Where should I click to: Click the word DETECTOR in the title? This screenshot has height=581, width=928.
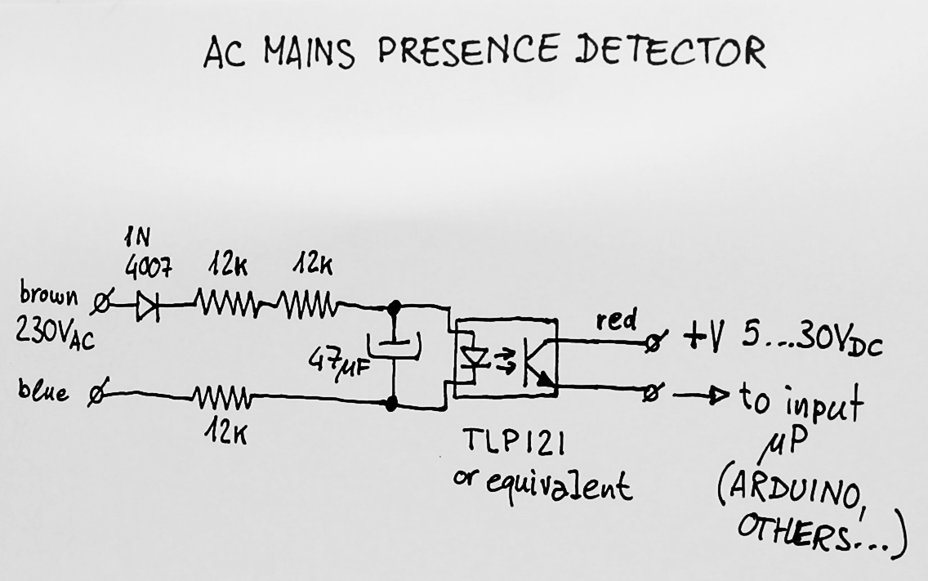pos(670,51)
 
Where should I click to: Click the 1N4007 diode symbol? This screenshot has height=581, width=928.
pos(148,306)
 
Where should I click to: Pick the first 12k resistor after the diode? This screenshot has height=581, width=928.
pos(228,306)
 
